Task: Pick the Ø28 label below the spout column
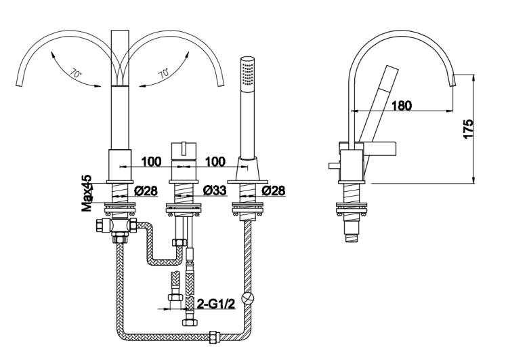click(x=146, y=191)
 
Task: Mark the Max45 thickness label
click(x=87, y=195)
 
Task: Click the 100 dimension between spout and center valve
click(x=151, y=161)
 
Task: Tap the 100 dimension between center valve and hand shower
click(x=215, y=161)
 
